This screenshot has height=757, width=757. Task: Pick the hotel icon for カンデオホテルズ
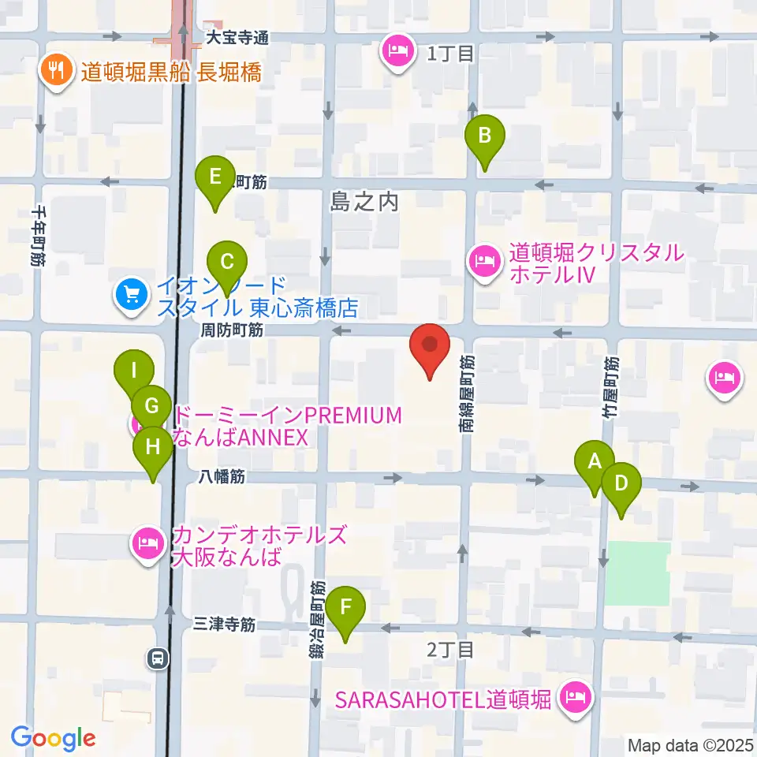pyautogui.click(x=147, y=543)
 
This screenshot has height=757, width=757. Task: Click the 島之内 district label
pyautogui.click(x=365, y=202)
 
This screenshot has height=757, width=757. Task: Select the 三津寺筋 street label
pyautogui.click(x=225, y=625)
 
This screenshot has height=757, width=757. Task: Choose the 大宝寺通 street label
pyautogui.click(x=237, y=37)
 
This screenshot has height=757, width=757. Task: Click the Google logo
pyautogui.click(x=53, y=739)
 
